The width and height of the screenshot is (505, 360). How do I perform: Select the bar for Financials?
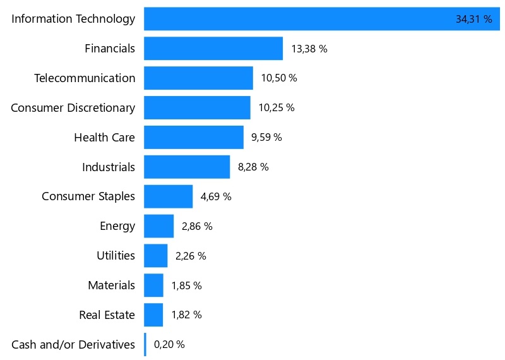coord(213,49)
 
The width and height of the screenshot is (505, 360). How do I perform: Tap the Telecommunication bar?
coord(198,78)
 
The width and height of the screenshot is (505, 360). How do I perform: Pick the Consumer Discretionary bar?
coord(197,107)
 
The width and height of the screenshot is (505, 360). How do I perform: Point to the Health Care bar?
coord(193,137)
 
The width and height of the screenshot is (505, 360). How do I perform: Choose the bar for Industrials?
coord(187,167)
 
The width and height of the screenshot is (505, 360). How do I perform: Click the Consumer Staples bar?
coord(168,196)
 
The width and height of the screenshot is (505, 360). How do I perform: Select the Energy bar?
coord(158,226)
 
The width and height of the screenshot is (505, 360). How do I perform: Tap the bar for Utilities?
coord(155,256)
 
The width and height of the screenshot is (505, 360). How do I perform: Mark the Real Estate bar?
coord(153,315)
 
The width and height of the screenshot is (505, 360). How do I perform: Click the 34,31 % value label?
coord(473,20)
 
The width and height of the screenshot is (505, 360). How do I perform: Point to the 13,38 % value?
coord(309,49)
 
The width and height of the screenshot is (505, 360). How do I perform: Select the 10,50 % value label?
coord(279,78)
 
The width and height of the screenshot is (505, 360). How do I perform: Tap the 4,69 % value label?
coord(216,196)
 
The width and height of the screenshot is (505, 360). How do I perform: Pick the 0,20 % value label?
coord(169,344)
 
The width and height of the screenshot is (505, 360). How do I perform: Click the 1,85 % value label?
coord(186,285)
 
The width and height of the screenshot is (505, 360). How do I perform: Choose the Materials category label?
coord(111,285)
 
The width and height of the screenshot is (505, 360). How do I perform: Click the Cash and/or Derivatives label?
coord(73,344)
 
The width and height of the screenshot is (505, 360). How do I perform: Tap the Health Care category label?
coord(104,137)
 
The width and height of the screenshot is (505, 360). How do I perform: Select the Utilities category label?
coord(116,256)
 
